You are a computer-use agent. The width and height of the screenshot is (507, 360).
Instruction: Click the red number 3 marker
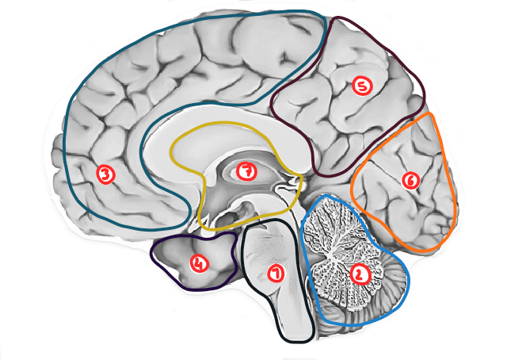pos(105,172)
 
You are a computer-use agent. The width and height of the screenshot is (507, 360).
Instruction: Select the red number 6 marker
pos(409,180)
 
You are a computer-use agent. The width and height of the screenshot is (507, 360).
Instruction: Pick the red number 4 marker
pos(198,260)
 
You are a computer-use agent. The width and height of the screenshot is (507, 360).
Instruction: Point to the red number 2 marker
pos(360,274)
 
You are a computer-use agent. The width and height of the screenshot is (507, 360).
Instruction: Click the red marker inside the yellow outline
pos(246,170)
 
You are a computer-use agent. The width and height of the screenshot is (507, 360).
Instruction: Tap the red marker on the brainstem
pos(275,274)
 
